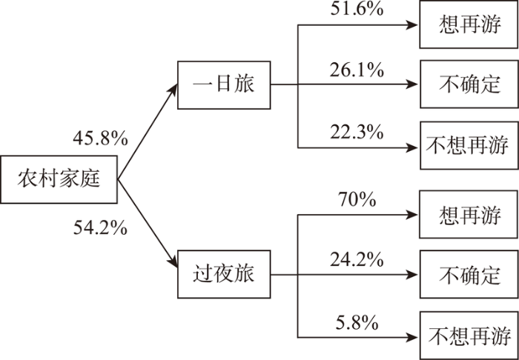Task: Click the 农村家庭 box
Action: click(59, 179)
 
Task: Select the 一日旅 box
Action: click(224, 85)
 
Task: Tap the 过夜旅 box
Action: click(224, 274)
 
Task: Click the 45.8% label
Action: click(100, 139)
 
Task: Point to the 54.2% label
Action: click(100, 227)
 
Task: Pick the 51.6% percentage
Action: click(357, 9)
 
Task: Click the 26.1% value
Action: click(357, 71)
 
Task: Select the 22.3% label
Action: click(357, 133)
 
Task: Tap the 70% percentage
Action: click(357, 200)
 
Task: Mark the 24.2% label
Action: click(357, 261)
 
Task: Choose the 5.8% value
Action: click(357, 323)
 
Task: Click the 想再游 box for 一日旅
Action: click(469, 24)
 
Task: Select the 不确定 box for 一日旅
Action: click(469, 84)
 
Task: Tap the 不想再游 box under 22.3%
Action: click(469, 145)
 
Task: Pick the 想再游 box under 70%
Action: click(469, 214)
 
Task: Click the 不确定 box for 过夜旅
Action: click(469, 274)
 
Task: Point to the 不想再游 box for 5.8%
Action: click(469, 336)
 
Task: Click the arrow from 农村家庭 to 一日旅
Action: click(148, 132)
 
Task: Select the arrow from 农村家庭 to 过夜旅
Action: click(148, 224)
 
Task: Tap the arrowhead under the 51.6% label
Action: click(412, 24)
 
